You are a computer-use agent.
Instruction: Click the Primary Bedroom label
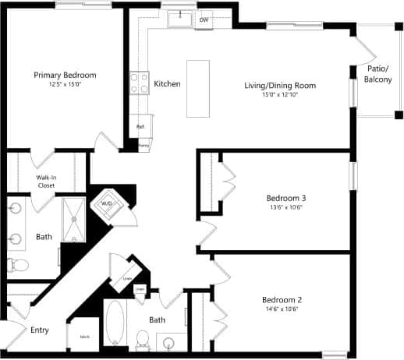point(65,75)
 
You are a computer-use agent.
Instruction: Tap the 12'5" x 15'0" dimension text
point(65,85)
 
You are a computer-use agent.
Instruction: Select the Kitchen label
point(168,83)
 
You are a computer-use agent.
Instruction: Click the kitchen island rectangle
point(198,88)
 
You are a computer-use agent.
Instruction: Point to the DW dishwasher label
point(204,19)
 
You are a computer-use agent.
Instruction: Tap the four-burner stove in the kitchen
point(140,83)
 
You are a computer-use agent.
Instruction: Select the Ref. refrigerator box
point(141,126)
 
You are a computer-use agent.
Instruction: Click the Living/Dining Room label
point(280,85)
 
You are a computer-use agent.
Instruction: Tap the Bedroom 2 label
point(281,299)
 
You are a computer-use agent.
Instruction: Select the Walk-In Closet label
point(45,182)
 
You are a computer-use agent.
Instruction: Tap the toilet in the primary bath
point(18,265)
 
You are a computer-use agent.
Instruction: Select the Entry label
point(40,330)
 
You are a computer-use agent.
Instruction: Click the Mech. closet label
point(84,337)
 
